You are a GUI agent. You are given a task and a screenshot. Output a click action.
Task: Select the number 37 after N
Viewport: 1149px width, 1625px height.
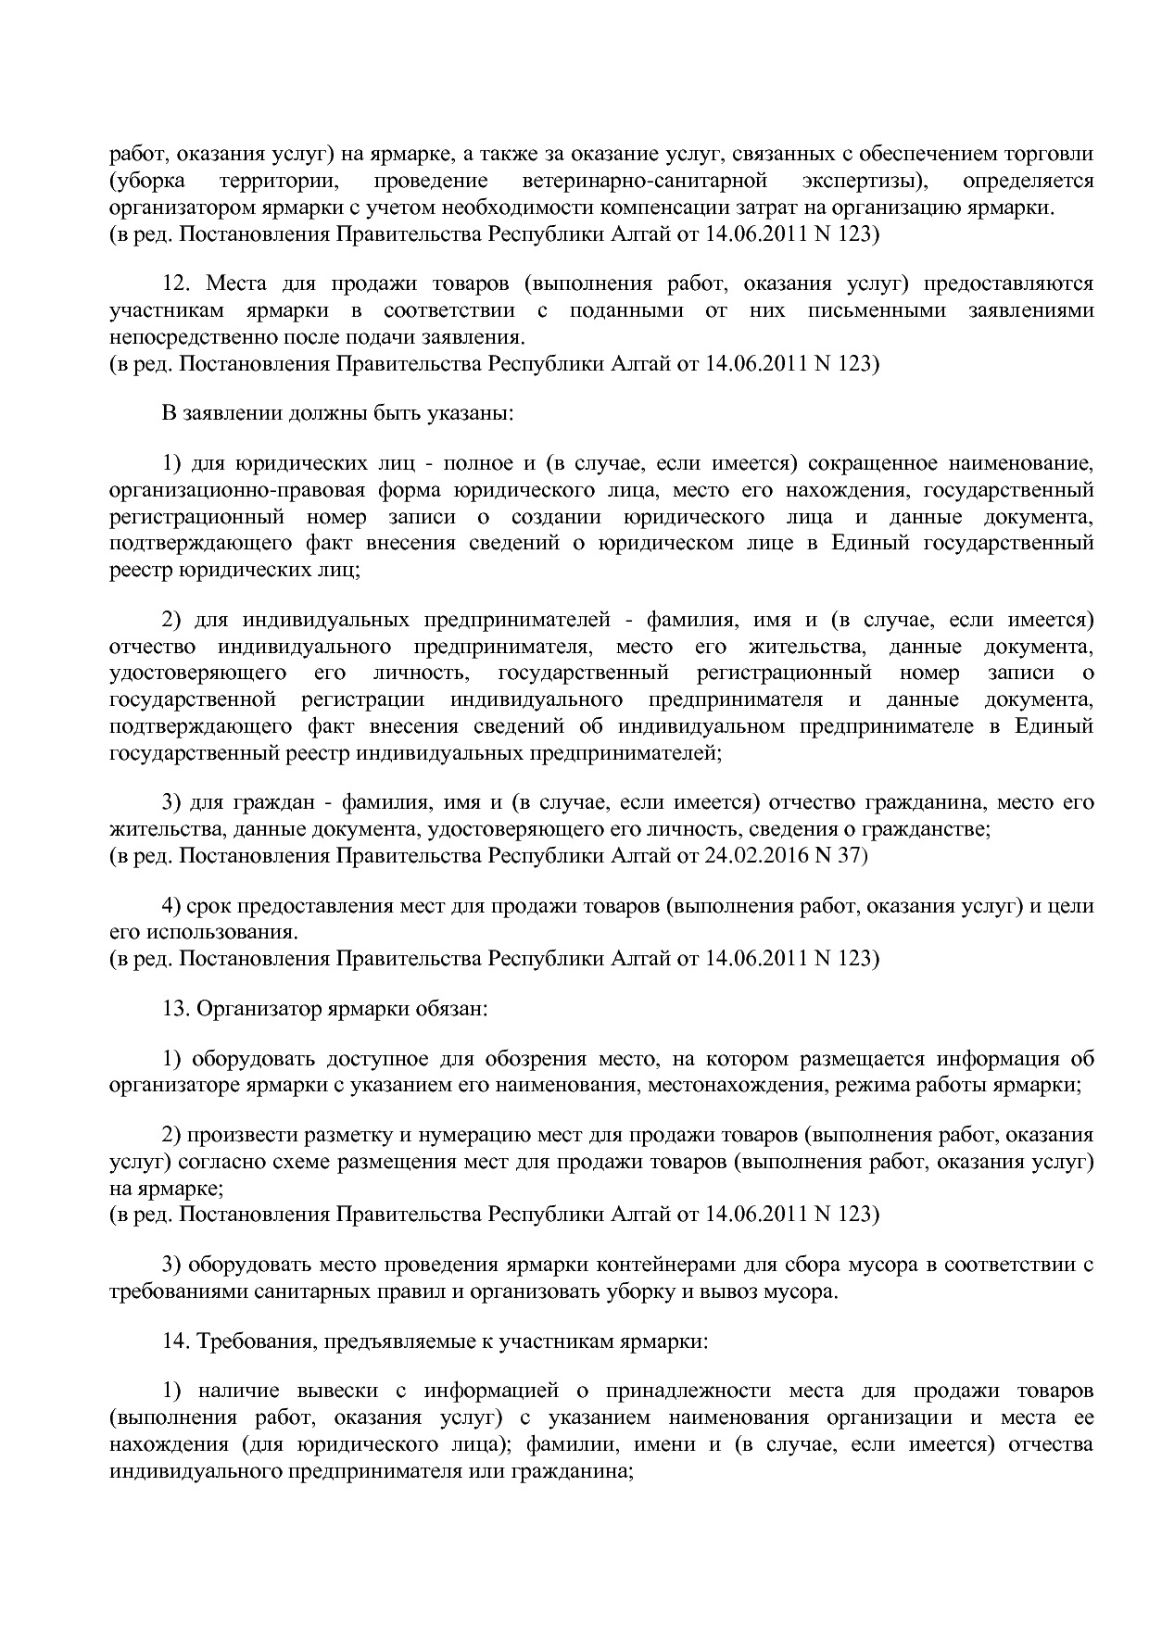[x=854, y=855]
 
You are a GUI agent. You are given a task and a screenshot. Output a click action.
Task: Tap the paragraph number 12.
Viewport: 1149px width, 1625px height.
[x=176, y=283]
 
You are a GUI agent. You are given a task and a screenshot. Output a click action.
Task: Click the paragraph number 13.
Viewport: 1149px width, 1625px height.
[x=176, y=1008]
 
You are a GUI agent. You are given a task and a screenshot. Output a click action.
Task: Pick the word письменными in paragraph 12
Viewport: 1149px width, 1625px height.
[x=881, y=310]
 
